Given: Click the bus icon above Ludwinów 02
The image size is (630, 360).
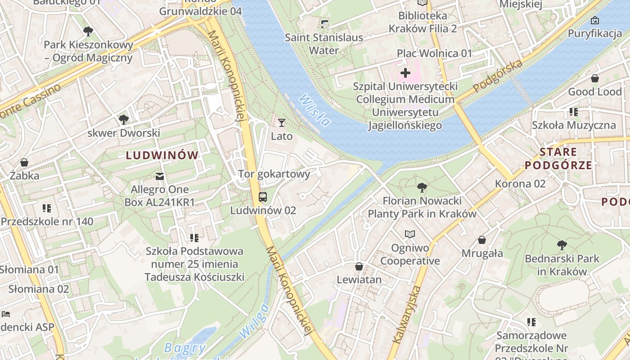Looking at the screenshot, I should coord(263,197).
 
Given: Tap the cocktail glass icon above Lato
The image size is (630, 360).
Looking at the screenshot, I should coord(282,122).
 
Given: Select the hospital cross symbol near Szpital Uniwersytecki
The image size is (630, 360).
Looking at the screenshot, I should coord(405,72).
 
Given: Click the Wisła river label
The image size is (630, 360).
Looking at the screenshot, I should coord(315,110).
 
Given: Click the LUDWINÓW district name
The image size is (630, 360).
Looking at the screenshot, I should coord(162,156).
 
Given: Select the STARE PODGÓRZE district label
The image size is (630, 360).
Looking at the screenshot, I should coord(558,158).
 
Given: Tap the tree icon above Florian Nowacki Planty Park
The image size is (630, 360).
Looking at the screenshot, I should coord(422,187).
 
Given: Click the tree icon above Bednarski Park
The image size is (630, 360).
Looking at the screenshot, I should coord(562,245).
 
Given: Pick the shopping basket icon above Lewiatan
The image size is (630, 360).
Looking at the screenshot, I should coord(359,266).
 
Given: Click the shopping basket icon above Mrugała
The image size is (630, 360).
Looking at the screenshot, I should coord(482,240).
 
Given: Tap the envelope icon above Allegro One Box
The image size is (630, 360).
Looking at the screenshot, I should coord(159,176).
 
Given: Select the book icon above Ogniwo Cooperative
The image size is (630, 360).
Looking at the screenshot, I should coord(409,234).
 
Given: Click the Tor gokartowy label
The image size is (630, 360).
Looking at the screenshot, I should coord(274,174).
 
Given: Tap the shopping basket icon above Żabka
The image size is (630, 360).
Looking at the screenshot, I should coord(24,162).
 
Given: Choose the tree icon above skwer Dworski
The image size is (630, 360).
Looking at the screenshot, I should coord(123,120).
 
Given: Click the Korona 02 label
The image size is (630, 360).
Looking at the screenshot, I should coord(520,184).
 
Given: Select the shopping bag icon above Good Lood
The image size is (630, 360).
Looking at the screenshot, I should coord(594,78).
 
